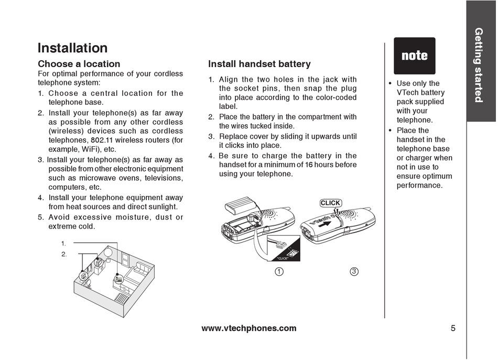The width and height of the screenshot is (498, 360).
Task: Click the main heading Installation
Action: coord(72,48)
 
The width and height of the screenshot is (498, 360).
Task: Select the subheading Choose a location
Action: coord(79,64)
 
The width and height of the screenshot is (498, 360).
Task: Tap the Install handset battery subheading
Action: coord(259,64)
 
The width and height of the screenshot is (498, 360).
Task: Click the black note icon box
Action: coord(414,56)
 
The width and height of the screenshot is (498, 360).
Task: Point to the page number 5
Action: coord(452,329)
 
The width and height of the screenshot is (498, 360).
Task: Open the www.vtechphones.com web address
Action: coord(248,329)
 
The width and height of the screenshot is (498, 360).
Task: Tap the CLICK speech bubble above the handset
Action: coord(330,203)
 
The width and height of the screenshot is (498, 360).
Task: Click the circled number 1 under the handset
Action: coord(279,271)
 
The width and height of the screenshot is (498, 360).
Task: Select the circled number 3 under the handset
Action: coord(354,271)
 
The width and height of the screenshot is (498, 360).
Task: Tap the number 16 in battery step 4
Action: coord(309,165)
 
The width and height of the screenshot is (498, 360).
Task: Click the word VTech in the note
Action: coord(407,92)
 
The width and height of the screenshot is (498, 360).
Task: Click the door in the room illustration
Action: coord(125,258)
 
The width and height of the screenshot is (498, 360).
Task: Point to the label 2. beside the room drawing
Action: coord(64,254)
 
